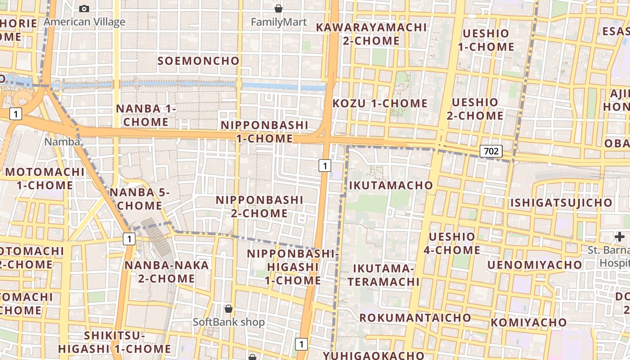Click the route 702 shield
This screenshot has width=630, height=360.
click(490, 151)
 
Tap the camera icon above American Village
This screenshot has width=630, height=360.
click(84, 9)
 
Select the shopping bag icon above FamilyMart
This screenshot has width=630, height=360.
click(279, 9)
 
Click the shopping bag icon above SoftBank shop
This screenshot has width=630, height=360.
click(229, 309)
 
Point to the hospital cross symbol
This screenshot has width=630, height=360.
click(620, 236)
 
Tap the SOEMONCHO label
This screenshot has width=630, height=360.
click(198, 61)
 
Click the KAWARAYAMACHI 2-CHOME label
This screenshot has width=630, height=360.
click(371, 34)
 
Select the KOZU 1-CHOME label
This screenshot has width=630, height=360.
click(380, 103)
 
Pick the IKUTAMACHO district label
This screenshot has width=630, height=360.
click(391, 185)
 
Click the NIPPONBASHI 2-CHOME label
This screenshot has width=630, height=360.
click(260, 206)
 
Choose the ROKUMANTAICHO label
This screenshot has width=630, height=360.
click(415, 318)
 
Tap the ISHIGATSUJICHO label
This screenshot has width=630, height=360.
click(561, 202)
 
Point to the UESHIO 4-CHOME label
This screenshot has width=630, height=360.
click(452, 243)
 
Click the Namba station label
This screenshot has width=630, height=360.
click(62, 142)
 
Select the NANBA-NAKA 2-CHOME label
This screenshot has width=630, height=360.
click(166, 272)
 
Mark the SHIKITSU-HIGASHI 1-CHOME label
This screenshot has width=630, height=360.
click(114, 342)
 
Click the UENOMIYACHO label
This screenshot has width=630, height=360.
click(535, 265)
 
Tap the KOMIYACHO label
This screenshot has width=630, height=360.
click(528, 322)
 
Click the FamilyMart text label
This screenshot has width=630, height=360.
click(279, 22)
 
